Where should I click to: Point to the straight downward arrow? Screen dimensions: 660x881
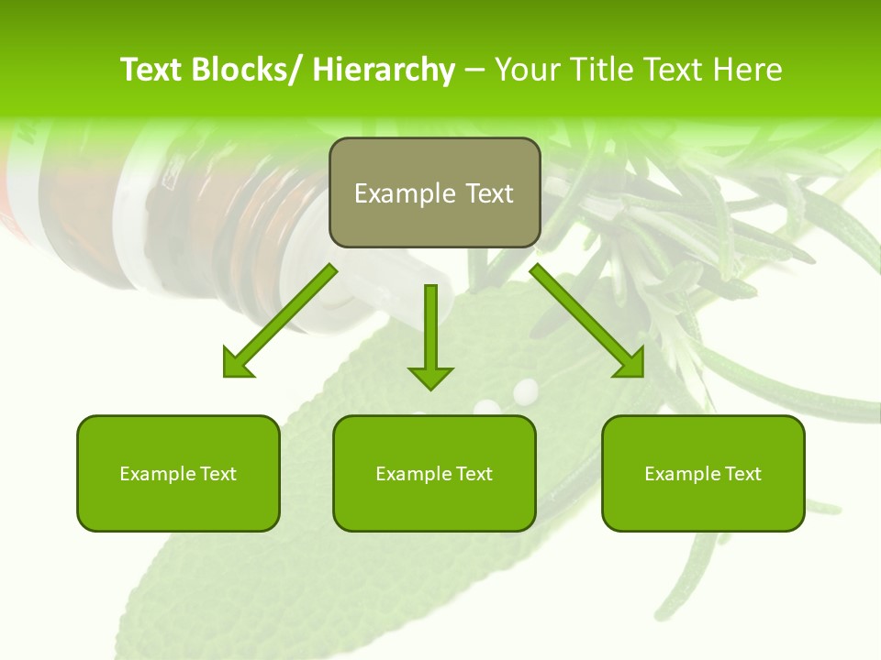click(x=430, y=335)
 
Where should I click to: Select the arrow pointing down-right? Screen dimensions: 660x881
click(x=588, y=322)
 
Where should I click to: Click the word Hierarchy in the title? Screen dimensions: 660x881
click(x=384, y=70)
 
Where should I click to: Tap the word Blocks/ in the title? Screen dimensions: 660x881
click(x=244, y=70)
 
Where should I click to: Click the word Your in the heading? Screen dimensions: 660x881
click(x=529, y=70)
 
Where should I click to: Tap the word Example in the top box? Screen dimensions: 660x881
click(x=405, y=193)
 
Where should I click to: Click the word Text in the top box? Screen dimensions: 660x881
click(x=487, y=193)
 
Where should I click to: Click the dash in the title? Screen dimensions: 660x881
click(x=475, y=70)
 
